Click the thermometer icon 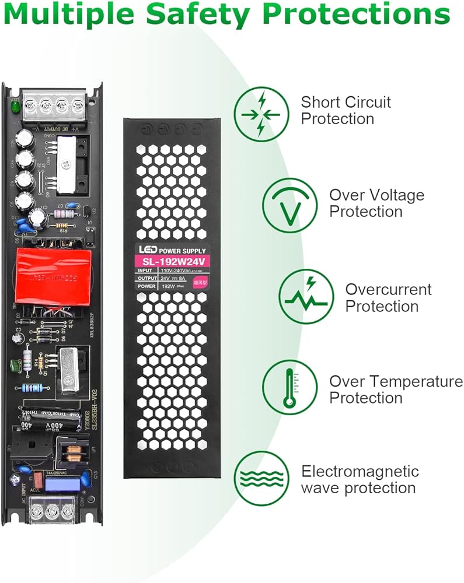(x=289, y=387)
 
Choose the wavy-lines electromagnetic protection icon (x=261, y=479)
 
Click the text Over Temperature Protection (x=396, y=390)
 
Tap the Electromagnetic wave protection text (x=360, y=479)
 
